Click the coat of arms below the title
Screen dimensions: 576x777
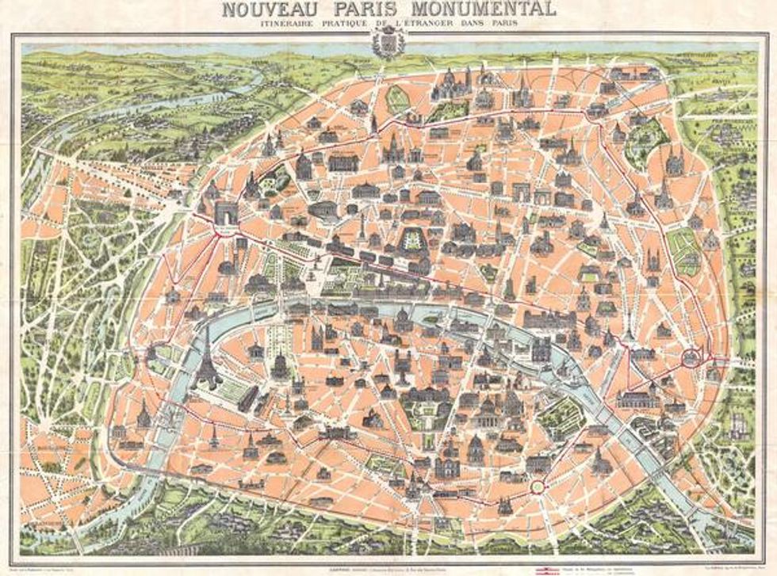(x=388, y=42)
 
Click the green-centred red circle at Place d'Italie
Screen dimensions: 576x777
(x=539, y=485)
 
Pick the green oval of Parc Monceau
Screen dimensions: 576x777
(x=396, y=98)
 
